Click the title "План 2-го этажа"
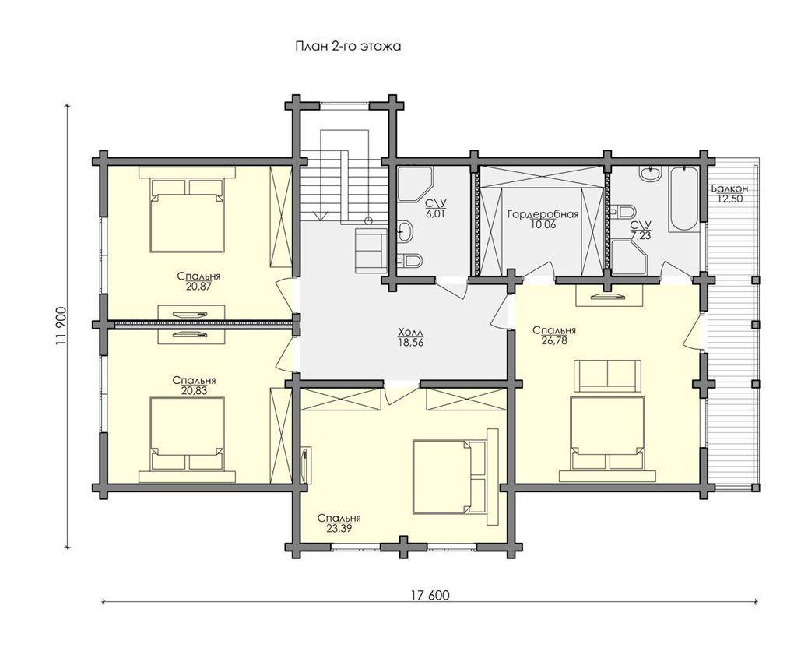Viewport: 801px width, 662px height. pyautogui.click(x=348, y=46)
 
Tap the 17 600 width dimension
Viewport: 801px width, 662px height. pyautogui.click(x=430, y=595)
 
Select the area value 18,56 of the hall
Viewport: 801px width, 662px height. pyautogui.click(x=412, y=343)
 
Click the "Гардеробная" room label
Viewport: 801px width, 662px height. pyautogui.click(x=543, y=214)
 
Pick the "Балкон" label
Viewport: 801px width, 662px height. pyautogui.click(x=729, y=188)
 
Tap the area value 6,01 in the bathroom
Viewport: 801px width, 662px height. pyautogui.click(x=434, y=214)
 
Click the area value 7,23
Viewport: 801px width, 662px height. pyautogui.click(x=641, y=235)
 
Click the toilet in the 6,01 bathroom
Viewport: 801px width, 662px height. pyautogui.click(x=410, y=261)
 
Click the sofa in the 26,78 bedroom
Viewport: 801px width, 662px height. pyautogui.click(x=607, y=375)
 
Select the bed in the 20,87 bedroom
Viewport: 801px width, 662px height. pyautogui.click(x=188, y=215)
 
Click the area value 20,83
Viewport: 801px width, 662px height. pyautogui.click(x=194, y=391)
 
